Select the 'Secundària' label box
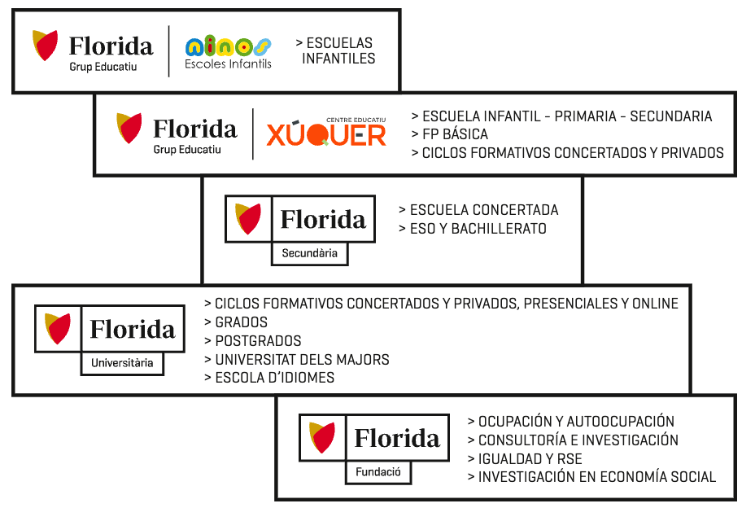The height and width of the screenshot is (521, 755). (x=310, y=253)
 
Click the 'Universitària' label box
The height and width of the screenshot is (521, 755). (x=122, y=363)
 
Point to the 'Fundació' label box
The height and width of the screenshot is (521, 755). (x=378, y=472)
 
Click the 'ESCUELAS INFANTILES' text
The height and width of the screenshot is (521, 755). (x=336, y=50)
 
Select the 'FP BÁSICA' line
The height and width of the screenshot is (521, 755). (x=450, y=134)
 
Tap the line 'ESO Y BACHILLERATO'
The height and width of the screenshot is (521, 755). (x=473, y=229)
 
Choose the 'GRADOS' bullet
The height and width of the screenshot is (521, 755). (x=236, y=322)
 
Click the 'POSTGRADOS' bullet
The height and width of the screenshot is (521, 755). (x=253, y=341)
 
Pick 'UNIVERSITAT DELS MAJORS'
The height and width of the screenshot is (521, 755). (x=297, y=360)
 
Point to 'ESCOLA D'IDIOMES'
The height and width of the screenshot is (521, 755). (x=269, y=378)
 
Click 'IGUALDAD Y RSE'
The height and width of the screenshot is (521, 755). (x=525, y=459)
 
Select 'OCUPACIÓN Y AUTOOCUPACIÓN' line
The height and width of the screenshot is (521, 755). (x=571, y=421)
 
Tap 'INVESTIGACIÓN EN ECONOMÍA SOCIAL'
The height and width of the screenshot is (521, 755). (x=591, y=477)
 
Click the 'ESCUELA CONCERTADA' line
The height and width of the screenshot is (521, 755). (x=478, y=210)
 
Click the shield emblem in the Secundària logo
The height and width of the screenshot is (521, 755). (x=248, y=219)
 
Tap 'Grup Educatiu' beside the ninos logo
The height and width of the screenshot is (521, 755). (x=103, y=67)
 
